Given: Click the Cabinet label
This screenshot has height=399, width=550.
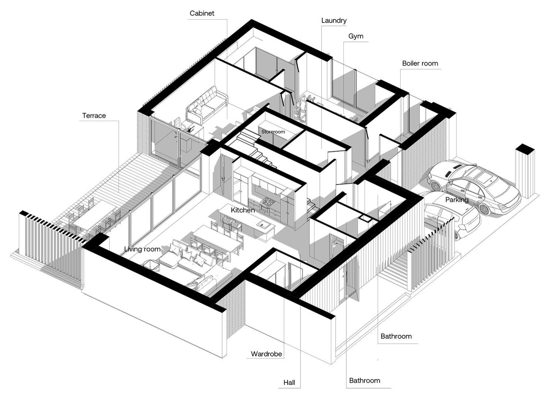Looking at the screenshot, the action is pyautogui.click(x=202, y=13).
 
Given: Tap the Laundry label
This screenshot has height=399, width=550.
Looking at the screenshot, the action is pyautogui.click(x=334, y=20).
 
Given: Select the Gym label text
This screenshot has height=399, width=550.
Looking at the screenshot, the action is pyautogui.click(x=356, y=36).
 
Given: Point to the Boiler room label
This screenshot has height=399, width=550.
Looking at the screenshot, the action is pyautogui.click(x=420, y=63).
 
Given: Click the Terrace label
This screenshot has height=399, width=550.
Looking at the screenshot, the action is pyautogui.click(x=94, y=115).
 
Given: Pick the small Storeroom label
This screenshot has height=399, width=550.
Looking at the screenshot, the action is pyautogui.click(x=273, y=132).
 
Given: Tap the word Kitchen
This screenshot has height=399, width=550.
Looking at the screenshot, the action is pyautogui.click(x=243, y=210).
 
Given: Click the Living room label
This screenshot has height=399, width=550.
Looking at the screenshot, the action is pyautogui.click(x=142, y=249).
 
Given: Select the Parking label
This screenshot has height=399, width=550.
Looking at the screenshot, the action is pyautogui.click(x=457, y=200).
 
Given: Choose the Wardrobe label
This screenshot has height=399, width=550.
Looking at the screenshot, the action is pyautogui.click(x=266, y=354).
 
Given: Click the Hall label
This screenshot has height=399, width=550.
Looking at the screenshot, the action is pyautogui.click(x=289, y=382).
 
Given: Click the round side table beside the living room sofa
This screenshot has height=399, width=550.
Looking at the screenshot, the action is pyautogui.click(x=152, y=265).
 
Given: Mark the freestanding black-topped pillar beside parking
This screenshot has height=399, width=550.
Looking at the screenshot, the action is pyautogui.click(x=525, y=171).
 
